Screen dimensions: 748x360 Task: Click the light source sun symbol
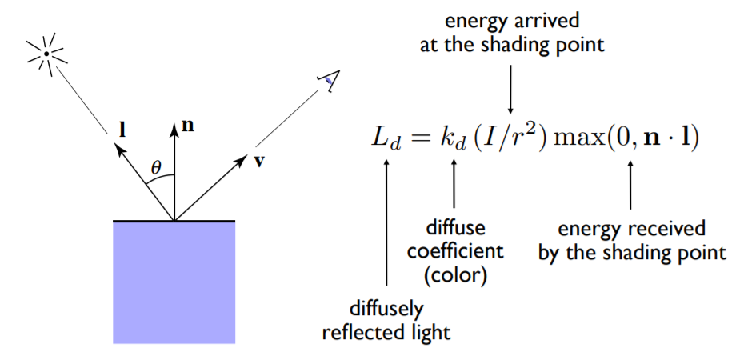coord(46,54)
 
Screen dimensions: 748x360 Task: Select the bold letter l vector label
coord(122,130)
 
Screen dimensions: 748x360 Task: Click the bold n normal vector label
coord(189,126)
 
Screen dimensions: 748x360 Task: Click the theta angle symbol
coord(156,167)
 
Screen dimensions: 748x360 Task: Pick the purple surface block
coord(174,282)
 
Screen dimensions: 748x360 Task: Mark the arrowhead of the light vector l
coord(120,152)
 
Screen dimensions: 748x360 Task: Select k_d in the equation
coord(452,138)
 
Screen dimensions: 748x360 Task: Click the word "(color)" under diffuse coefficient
coord(455,277)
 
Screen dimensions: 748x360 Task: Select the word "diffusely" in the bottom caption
coord(386,310)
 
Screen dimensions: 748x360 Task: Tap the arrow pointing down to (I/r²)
coord(510,90)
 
